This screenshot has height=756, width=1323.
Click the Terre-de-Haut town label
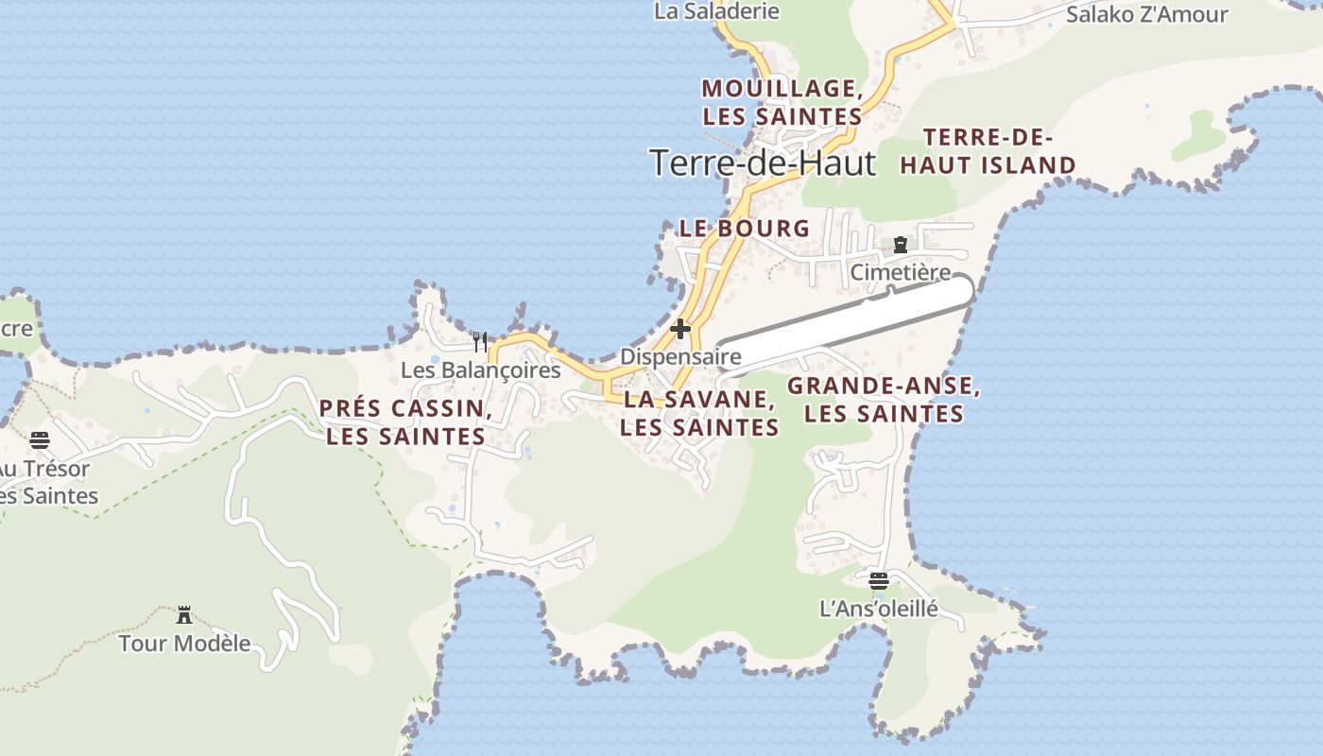763,163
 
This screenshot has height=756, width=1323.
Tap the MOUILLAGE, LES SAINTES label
782,102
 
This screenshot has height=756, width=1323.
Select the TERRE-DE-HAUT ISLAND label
988,151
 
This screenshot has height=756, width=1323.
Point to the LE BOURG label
745,228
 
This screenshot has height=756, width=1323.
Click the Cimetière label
901,272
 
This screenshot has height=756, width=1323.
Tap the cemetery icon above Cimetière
901,246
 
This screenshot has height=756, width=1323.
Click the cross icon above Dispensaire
679,330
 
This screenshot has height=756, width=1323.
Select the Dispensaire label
679,357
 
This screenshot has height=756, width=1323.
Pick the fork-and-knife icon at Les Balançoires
480,342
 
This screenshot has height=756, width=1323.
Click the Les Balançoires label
480,369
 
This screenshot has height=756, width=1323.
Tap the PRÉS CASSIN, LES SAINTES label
404,422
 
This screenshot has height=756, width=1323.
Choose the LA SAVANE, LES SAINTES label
699,413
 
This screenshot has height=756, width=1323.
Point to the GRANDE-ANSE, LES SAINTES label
884,400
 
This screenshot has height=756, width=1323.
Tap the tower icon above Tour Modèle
184,616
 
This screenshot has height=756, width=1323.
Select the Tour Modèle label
184,644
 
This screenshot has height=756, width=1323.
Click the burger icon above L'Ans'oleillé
879,580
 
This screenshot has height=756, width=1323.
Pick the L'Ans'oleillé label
879,608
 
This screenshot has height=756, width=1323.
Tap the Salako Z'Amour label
1146,14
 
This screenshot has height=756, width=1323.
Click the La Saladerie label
716,11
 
